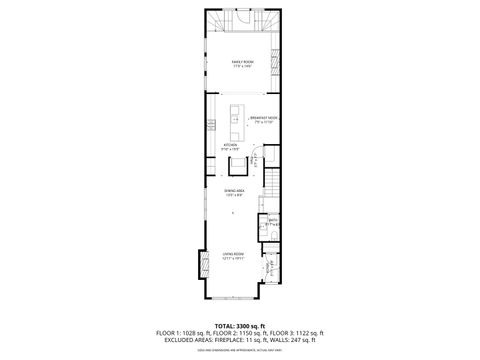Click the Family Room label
coord(242,63)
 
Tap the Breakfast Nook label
coord(265,119)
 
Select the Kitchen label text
coord(230,146)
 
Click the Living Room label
coord(234,256)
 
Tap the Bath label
coord(272,222)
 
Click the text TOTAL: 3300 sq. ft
coord(239,313)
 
